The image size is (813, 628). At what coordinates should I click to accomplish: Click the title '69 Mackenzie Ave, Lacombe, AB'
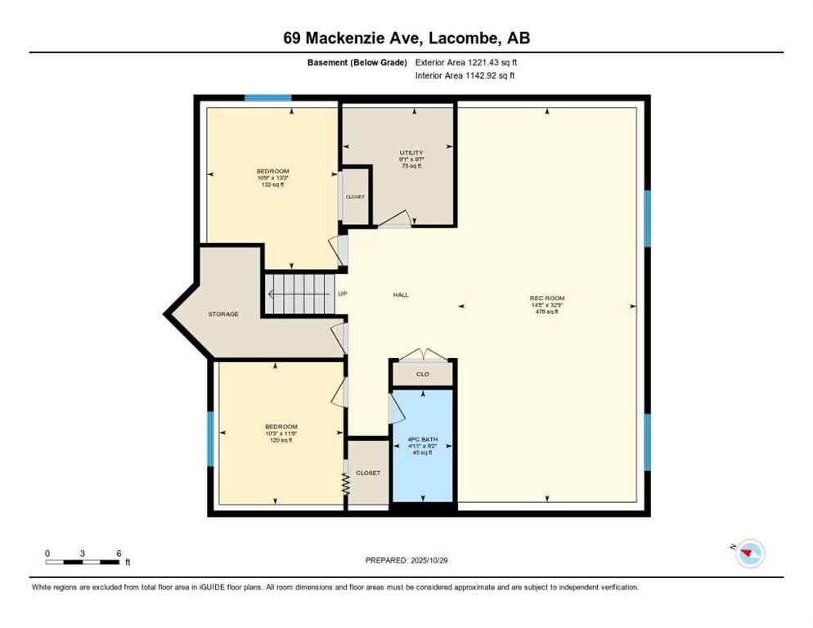[x=406, y=38]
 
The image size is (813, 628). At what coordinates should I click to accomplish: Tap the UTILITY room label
[x=411, y=153]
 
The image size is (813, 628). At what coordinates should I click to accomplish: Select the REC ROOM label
[x=547, y=298]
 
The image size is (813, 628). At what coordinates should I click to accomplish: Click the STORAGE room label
[x=223, y=314]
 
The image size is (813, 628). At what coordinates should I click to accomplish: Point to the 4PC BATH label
[x=423, y=440]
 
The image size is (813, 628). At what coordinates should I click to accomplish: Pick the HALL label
[x=401, y=295]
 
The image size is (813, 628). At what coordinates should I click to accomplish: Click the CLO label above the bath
[x=423, y=375]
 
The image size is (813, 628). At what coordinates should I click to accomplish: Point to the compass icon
[x=748, y=554]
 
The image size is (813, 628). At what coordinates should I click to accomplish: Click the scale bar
[x=83, y=562]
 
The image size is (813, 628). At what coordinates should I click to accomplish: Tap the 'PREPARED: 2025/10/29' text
[x=406, y=560]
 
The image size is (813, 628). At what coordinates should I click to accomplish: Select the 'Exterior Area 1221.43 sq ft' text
[x=465, y=62]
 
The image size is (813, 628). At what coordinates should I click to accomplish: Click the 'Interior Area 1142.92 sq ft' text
[x=465, y=76]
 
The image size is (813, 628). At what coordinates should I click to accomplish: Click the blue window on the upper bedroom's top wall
[x=268, y=98]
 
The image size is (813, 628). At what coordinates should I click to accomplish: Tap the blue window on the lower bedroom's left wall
[x=210, y=438]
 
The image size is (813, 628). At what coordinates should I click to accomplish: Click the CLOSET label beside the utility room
[x=356, y=197]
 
